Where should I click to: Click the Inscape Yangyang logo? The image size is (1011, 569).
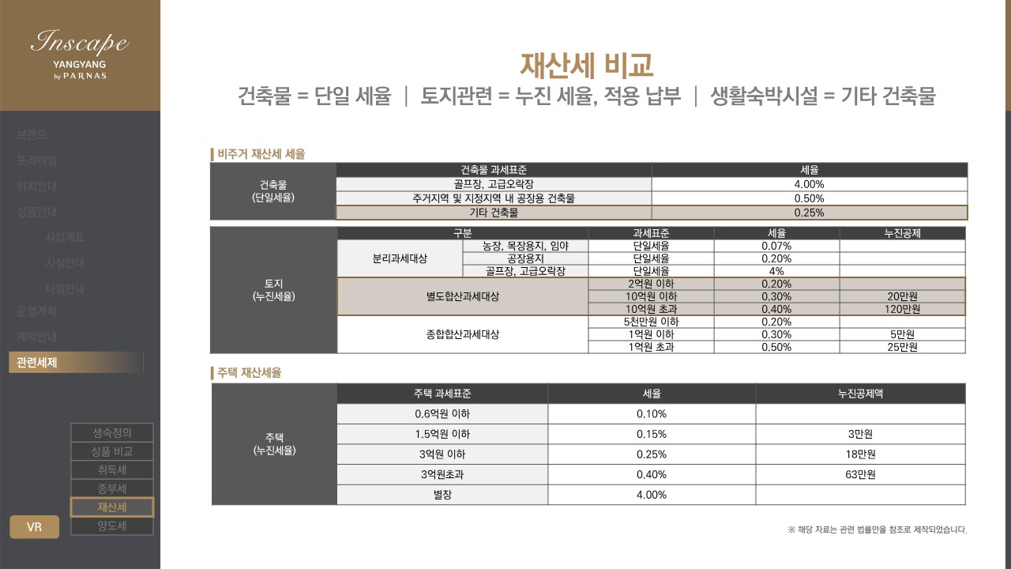[79, 54]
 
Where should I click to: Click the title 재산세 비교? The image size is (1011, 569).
[586, 65]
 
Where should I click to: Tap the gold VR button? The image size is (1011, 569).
[34, 527]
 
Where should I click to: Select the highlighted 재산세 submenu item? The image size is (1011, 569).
[112, 507]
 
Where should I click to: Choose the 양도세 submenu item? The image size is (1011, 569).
[112, 526]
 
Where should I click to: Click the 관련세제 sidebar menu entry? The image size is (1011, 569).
[37, 363]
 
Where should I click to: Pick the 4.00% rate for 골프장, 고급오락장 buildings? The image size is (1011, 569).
[809, 184]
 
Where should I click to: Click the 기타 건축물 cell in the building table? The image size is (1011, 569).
[494, 213]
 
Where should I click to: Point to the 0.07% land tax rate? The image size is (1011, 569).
[776, 246]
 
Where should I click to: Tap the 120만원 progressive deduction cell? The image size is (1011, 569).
[901, 309]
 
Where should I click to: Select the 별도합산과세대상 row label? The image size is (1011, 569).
[462, 296]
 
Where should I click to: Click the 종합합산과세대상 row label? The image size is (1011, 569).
[462, 334]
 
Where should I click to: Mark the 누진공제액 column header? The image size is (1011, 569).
[860, 394]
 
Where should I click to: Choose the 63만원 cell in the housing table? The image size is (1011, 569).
[860, 475]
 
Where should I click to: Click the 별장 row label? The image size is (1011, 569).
[442, 496]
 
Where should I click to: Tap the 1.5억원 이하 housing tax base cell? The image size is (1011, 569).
[442, 434]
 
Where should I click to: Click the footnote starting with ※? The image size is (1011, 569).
[877, 529]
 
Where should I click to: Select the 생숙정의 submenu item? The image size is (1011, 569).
[112, 432]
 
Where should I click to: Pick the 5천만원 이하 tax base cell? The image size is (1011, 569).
[652, 322]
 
